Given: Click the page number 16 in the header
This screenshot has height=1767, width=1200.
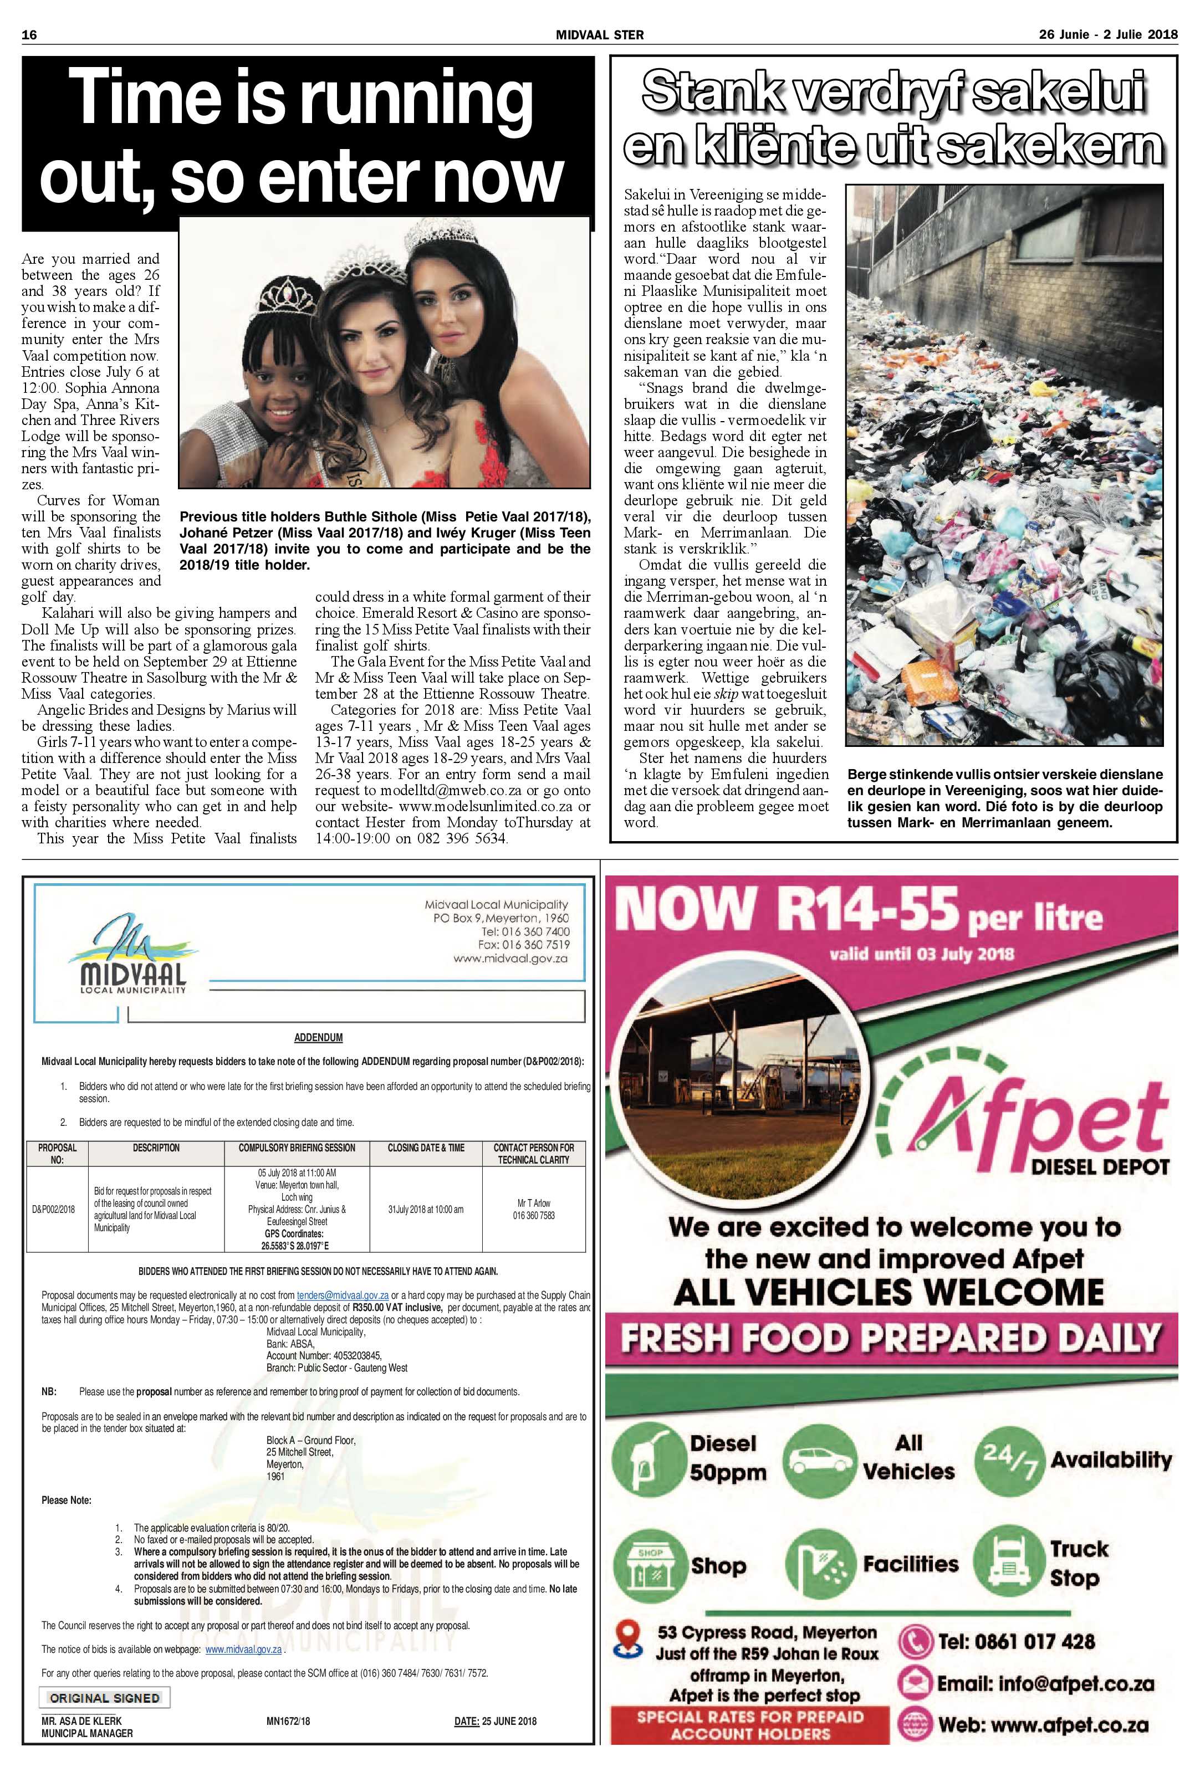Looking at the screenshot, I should pos(30,35).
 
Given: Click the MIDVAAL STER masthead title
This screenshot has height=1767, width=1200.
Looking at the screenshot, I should pos(599,35).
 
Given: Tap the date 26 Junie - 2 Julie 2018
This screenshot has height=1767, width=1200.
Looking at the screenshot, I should pos(1107,35).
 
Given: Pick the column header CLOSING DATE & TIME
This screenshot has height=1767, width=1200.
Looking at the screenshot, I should pos(425,1148).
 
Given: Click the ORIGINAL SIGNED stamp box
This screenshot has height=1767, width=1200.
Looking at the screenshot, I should pos(104,1698).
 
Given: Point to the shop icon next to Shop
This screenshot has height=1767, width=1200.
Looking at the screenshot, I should pos(648,1565).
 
